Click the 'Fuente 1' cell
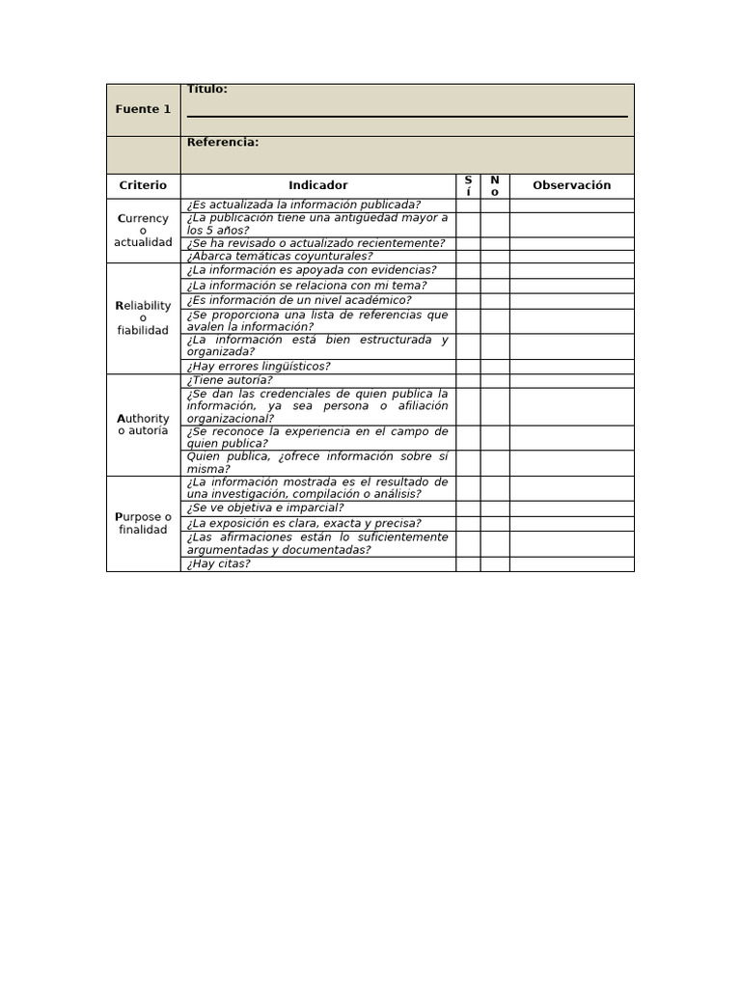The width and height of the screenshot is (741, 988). coord(143,109)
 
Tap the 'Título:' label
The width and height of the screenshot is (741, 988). coord(207,90)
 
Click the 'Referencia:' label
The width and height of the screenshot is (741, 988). coord(223,143)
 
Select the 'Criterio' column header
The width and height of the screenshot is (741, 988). coord(143,185)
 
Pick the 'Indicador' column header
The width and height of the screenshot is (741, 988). coord(317,185)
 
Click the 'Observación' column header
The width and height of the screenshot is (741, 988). coord(571,185)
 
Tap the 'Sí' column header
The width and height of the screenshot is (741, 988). coord(468,185)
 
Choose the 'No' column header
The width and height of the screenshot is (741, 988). coord(495,185)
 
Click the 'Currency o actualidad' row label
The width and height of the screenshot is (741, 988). coord(143,231)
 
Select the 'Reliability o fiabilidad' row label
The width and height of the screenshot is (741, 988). coord(143,318)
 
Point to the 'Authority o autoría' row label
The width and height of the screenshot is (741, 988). coord(143,425)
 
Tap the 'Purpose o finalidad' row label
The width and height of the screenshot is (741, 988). coord(143,523)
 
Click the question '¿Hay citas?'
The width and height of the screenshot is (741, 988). coord(219,563)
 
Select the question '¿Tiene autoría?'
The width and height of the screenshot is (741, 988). coord(230,380)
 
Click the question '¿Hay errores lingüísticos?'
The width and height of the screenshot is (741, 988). coord(259,367)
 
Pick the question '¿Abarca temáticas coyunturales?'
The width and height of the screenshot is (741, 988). coord(280,257)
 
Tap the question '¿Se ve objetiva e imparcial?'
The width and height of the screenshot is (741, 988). coord(265,508)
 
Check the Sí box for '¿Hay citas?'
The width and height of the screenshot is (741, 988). coord(468,563)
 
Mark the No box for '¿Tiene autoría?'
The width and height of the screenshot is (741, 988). coord(495,380)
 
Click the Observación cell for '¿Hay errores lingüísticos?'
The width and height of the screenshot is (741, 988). coord(571,367)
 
